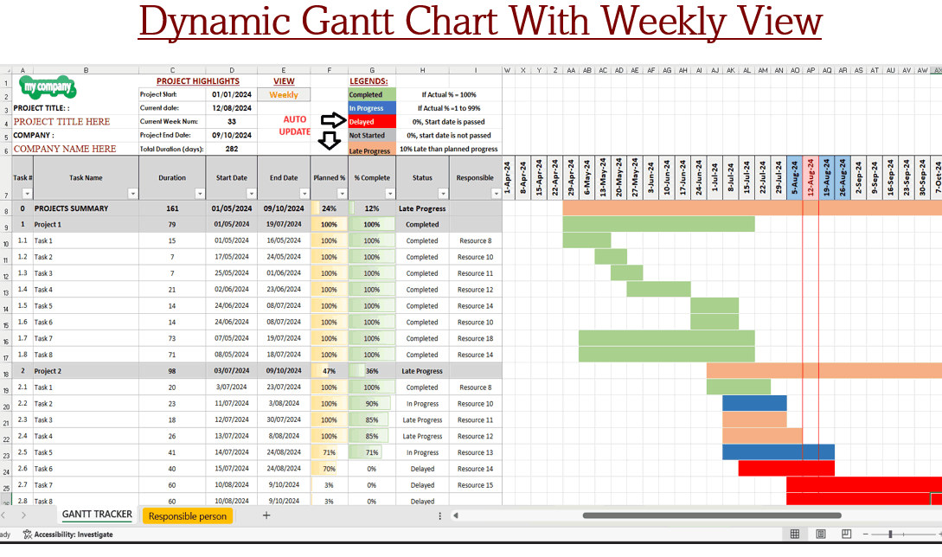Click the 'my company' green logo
click(48, 88)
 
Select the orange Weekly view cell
click(284, 95)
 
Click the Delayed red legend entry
click(372, 122)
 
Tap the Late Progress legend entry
click(372, 150)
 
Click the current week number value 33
click(231, 122)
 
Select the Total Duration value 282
click(231, 150)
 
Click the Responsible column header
click(475, 178)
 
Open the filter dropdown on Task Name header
click(132, 194)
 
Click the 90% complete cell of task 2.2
click(371, 404)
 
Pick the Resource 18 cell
click(475, 339)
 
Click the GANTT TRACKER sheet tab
click(97, 515)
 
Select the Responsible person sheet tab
click(188, 516)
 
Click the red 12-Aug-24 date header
click(811, 178)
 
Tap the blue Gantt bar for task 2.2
click(754, 403)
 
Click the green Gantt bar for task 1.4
click(658, 290)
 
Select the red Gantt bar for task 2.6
click(785, 469)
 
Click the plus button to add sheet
click(266, 515)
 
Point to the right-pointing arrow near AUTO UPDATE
click(332, 120)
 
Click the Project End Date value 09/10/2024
click(231, 136)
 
